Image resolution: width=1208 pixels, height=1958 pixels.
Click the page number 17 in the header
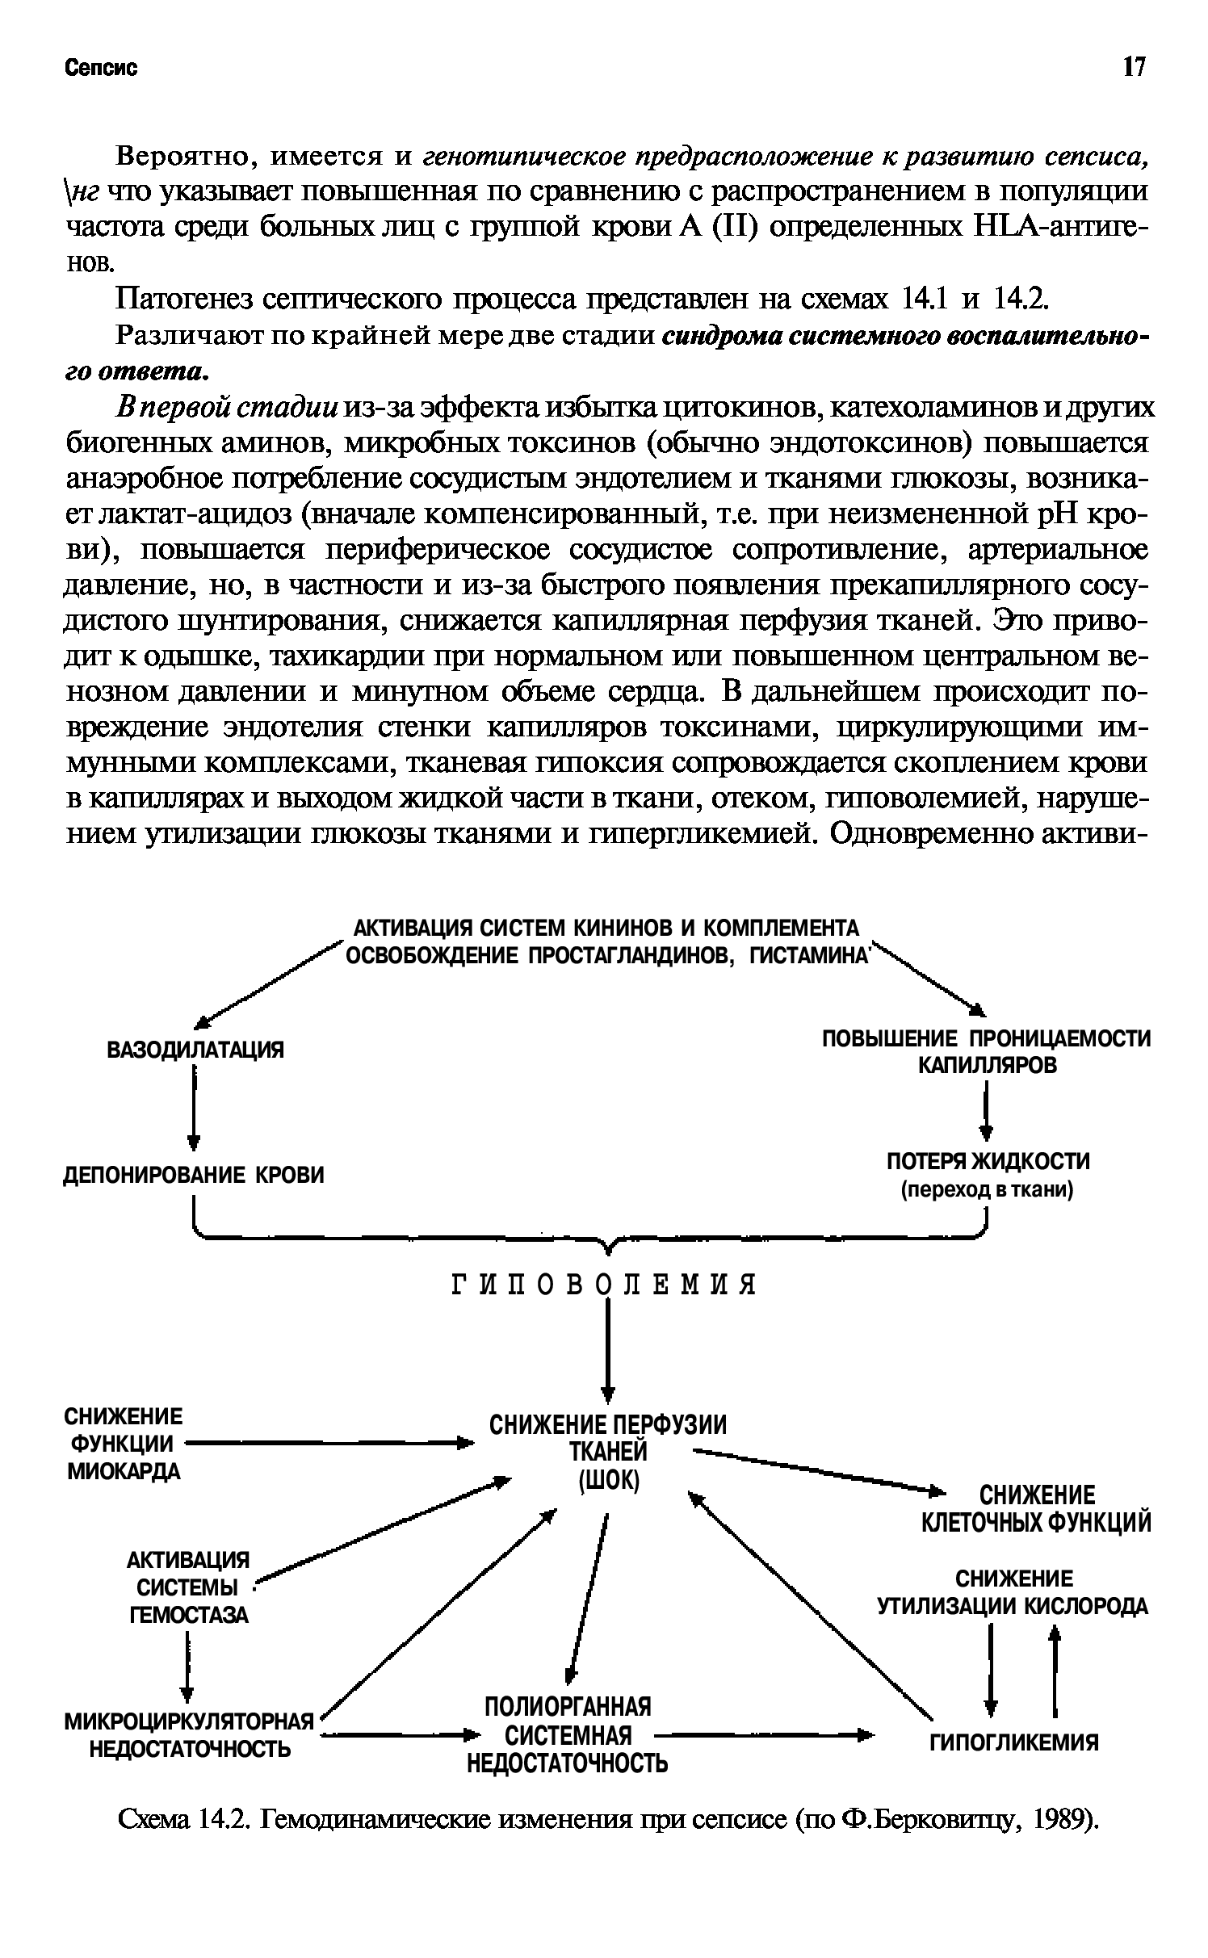1134,67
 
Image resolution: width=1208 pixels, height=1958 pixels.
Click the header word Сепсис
101,68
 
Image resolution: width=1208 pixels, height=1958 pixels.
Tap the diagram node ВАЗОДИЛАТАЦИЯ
195,1050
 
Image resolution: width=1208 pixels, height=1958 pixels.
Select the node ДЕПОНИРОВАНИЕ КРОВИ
194,1174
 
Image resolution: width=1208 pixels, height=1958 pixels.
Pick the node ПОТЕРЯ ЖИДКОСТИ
988,1161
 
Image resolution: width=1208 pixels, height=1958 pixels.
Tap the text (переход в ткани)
987,1190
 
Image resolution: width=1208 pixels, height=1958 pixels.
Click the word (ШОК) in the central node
609,1480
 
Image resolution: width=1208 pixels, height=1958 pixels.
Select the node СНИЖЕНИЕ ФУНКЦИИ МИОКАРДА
123,1444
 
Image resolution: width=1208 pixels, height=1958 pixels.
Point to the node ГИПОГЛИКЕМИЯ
1014,1742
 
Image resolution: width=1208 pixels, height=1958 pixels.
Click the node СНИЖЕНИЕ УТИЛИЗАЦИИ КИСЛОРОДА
1013,1592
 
